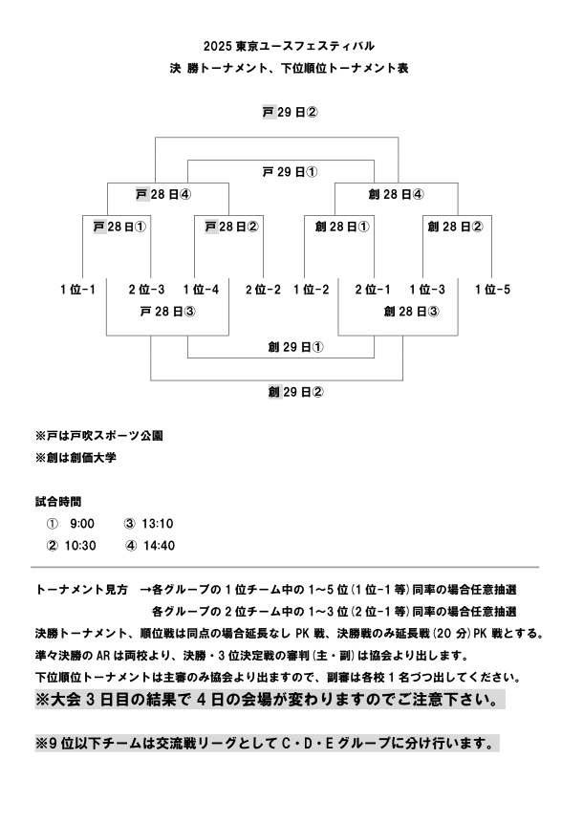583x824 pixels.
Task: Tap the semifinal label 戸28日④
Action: point(163,193)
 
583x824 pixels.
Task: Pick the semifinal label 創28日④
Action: point(396,193)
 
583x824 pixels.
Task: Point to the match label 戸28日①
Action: point(119,228)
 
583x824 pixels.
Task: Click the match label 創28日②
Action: point(455,228)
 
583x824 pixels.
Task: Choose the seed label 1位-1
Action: point(77,289)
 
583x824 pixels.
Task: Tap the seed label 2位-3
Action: point(146,289)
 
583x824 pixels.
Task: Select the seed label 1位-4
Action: point(200,289)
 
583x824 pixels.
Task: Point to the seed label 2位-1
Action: point(373,289)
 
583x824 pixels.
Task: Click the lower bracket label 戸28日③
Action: point(167,311)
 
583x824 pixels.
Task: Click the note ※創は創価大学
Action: point(76,458)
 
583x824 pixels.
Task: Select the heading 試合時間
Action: point(58,500)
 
